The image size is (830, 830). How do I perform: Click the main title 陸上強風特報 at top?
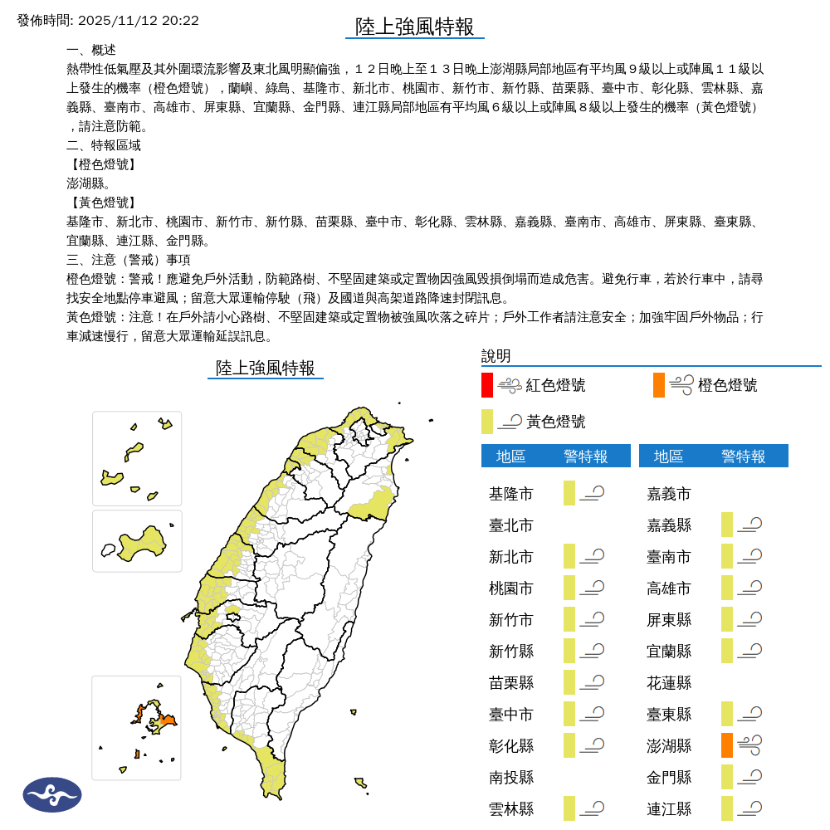click(x=414, y=27)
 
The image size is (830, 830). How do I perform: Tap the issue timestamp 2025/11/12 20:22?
click(x=138, y=20)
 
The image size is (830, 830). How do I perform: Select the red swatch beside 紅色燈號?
click(x=487, y=385)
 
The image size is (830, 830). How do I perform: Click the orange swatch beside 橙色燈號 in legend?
click(x=659, y=385)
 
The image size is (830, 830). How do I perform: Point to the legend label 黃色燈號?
click(x=555, y=422)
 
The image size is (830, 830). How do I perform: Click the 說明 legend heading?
click(x=496, y=356)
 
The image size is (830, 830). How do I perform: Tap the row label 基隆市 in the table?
click(x=511, y=494)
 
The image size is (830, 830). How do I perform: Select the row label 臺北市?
click(x=511, y=525)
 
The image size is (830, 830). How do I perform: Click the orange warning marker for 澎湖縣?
click(x=727, y=745)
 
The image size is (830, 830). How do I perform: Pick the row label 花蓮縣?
click(x=669, y=683)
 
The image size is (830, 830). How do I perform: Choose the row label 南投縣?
click(x=511, y=778)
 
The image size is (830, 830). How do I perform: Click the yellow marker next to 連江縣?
click(x=727, y=808)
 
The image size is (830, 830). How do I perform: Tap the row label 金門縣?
click(x=669, y=778)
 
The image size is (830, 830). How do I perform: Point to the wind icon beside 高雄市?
click(x=750, y=588)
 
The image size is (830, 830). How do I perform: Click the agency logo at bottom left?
click(x=52, y=794)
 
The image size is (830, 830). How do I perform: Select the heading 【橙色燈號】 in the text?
click(x=102, y=164)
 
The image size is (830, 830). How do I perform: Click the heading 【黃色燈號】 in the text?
click(x=102, y=203)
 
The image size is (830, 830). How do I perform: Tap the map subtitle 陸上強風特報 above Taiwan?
click(x=266, y=368)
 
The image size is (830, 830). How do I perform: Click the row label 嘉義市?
click(x=669, y=494)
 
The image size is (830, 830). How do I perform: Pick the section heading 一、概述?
click(x=91, y=50)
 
